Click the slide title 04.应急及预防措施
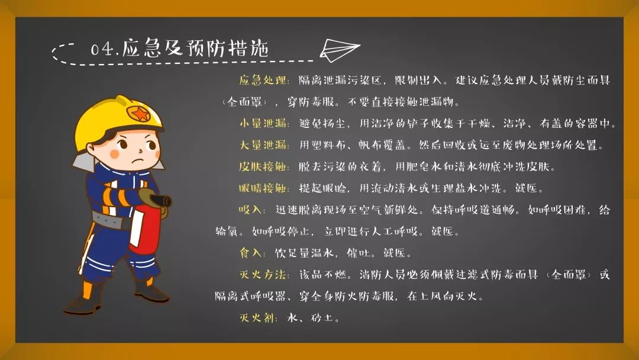point(180,49)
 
